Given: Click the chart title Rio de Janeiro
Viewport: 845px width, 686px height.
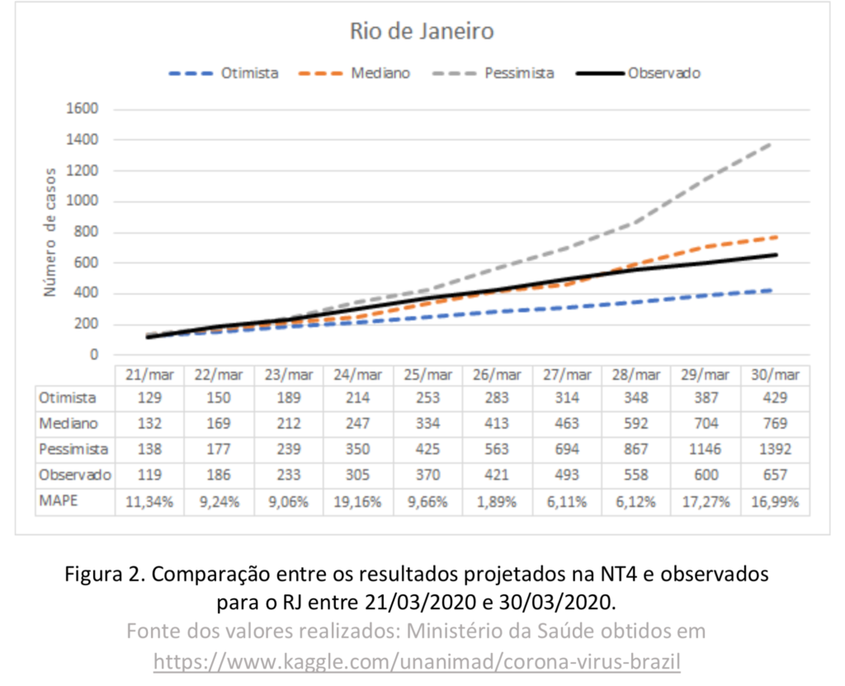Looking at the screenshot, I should pos(422,32).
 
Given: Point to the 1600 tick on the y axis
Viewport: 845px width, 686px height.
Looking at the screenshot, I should pos(82,110).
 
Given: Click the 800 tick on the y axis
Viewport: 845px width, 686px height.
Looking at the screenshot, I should pos(85,232).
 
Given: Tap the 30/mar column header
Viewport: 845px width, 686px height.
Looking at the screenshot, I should pos(775,374).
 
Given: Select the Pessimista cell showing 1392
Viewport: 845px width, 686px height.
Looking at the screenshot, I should pos(775,450).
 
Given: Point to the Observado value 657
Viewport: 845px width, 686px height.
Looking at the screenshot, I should pos(775,475).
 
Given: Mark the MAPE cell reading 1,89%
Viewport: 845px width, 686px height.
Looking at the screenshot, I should pos(498,501).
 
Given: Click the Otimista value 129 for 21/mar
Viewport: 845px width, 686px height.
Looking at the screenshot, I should pos(150,398).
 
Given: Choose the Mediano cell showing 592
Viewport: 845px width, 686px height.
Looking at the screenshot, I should pos(637,423).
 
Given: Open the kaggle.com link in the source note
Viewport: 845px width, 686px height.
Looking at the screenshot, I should pos(417,661).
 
